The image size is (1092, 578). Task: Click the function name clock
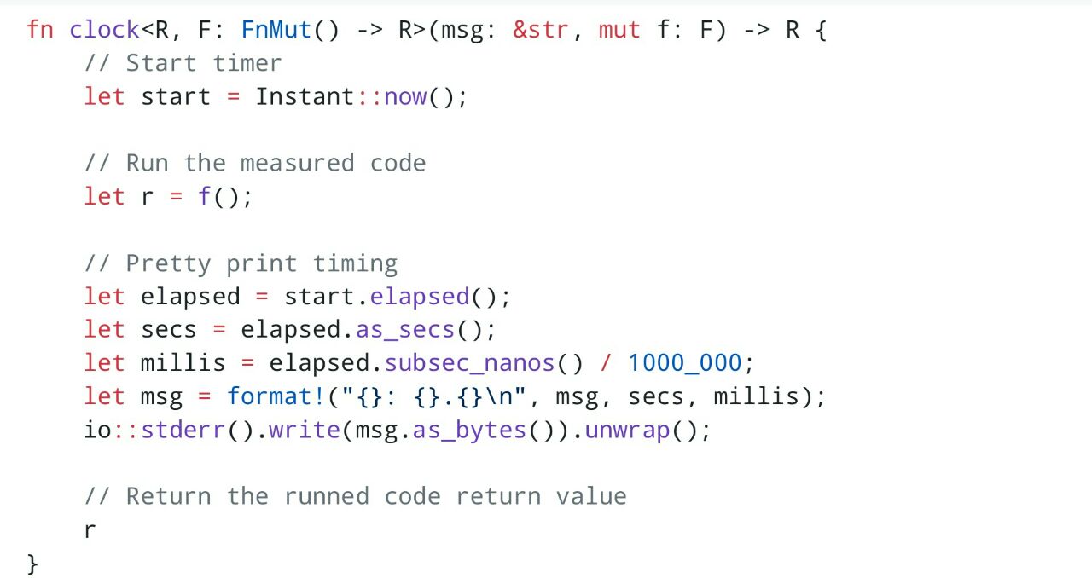[x=104, y=30]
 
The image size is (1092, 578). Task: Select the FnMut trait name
[x=276, y=30]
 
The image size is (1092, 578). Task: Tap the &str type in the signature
[x=541, y=30]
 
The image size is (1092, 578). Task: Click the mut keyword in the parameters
[x=619, y=30]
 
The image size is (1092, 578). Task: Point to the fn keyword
[x=40, y=30]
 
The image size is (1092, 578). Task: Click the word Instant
[x=305, y=96]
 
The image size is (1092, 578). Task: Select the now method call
[x=405, y=97]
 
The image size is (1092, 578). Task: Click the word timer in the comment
[x=247, y=63]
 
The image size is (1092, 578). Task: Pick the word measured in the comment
[x=298, y=163]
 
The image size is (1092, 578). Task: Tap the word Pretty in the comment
[x=169, y=264]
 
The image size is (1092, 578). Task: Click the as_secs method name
[x=405, y=330]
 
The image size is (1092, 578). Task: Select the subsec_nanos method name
[x=470, y=363]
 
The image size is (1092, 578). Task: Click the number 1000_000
[x=685, y=363]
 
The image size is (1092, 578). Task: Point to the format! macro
[x=276, y=396]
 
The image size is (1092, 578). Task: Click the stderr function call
[x=183, y=430]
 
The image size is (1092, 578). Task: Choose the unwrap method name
[x=627, y=431]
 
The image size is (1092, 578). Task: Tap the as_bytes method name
[x=469, y=431]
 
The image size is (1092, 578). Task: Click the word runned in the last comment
[x=326, y=497]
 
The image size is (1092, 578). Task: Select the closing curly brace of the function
[x=32, y=564]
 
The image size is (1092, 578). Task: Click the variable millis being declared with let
[x=183, y=363]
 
